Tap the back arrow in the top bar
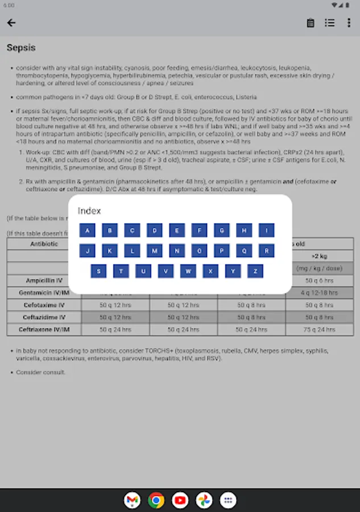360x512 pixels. click(11, 23)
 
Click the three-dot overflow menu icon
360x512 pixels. click(349, 23)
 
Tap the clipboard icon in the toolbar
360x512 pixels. click(311, 23)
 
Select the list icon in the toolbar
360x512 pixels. click(330, 23)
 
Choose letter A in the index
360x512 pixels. click(87, 230)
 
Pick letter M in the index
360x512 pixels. click(154, 251)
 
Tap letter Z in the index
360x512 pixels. click(255, 271)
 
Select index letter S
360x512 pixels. click(98, 271)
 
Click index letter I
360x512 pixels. click(266, 230)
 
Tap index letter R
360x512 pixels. click(266, 251)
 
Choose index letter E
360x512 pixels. click(177, 230)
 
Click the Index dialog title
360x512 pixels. click(89, 211)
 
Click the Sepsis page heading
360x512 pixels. click(21, 48)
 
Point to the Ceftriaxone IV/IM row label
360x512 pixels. click(44, 329)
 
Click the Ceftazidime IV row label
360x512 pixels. click(44, 317)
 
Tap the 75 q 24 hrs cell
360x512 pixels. click(320, 329)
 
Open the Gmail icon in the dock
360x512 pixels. click(132, 500)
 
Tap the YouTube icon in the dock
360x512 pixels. click(180, 500)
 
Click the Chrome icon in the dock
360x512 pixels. click(156, 500)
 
